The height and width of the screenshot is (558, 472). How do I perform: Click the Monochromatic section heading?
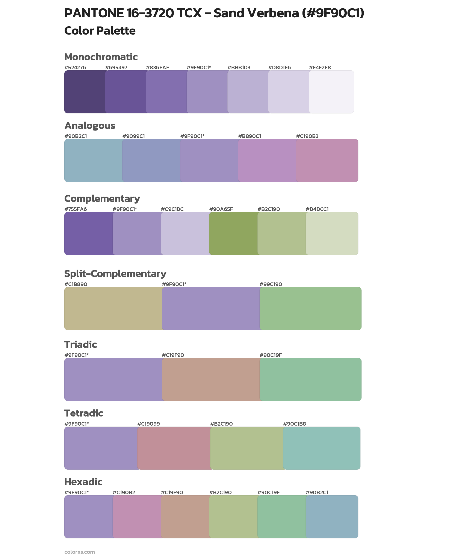[x=101, y=57]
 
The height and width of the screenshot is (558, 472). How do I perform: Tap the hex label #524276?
[x=75, y=67]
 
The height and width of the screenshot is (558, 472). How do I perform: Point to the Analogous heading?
[x=90, y=126]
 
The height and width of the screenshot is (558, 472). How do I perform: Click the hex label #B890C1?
[x=249, y=136]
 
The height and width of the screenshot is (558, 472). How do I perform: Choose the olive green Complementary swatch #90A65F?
[x=233, y=233]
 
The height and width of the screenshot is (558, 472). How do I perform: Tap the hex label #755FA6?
[x=76, y=209]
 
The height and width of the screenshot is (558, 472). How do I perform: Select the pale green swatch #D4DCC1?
[x=332, y=233]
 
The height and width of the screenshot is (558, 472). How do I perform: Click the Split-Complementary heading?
[x=115, y=273]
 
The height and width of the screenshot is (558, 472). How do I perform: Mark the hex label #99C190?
[x=271, y=284]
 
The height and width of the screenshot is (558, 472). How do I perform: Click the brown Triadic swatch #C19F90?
[x=211, y=379]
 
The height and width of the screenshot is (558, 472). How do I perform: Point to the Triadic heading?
[x=80, y=344]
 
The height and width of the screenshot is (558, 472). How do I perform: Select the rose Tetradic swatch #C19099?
[x=174, y=448]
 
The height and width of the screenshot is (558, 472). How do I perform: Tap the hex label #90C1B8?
[x=294, y=424]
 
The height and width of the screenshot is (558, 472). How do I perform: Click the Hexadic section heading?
[x=83, y=482]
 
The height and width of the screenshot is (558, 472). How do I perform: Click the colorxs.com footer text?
[x=79, y=552]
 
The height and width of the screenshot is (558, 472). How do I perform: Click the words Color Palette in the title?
[x=100, y=31]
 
